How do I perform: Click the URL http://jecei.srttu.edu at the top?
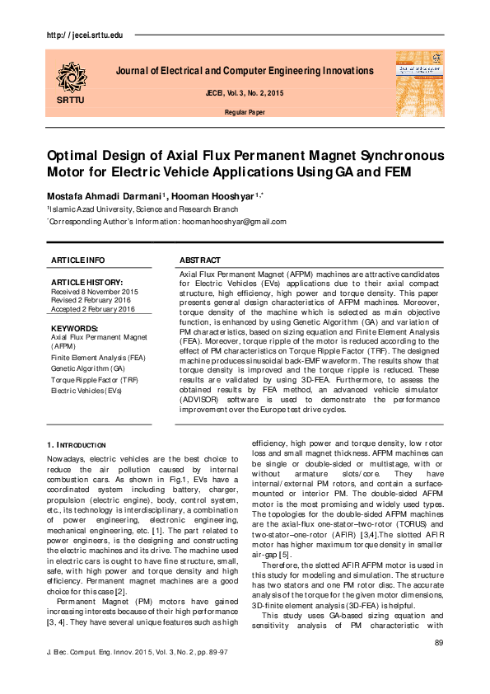(x=80, y=36)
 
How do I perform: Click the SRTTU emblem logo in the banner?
(x=70, y=77)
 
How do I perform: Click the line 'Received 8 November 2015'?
(x=93, y=292)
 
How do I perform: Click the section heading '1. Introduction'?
(x=77, y=445)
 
